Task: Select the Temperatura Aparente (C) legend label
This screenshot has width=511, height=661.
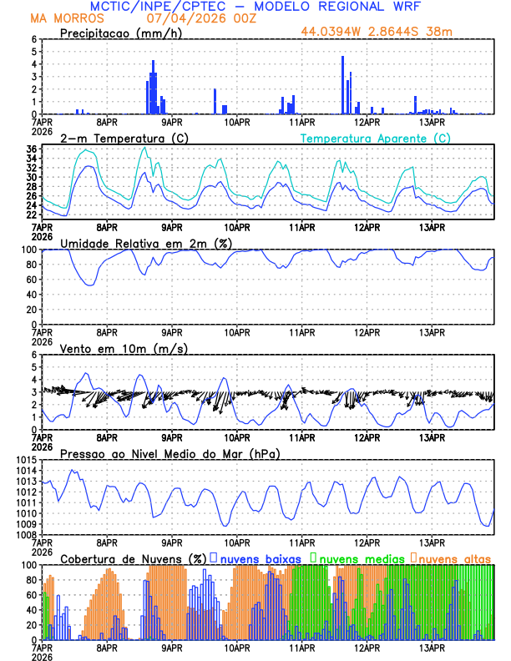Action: [x=376, y=138]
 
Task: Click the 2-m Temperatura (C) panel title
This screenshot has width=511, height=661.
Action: [x=117, y=138]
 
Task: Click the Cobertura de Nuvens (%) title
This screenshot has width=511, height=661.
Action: [x=134, y=558]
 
